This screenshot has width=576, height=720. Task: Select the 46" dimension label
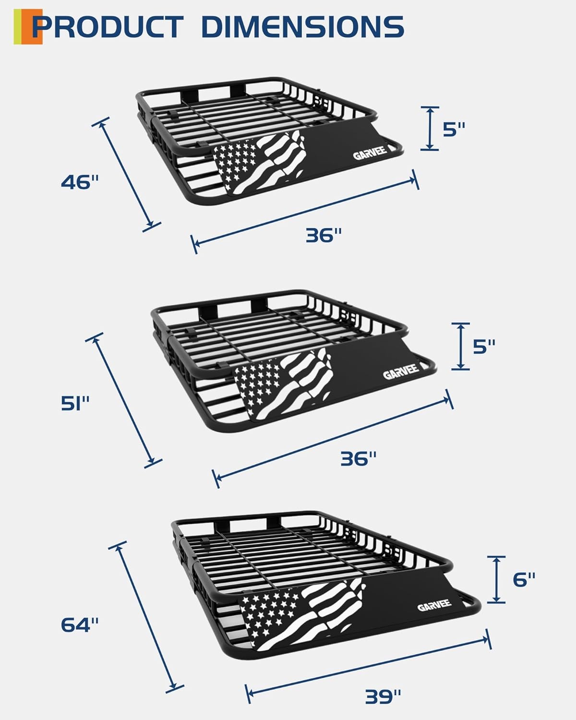click(80, 182)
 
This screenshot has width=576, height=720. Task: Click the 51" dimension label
click(76, 403)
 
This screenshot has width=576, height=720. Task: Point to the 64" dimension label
click(80, 624)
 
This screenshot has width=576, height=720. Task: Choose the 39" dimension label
click(383, 696)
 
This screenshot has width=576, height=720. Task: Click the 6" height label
click(524, 579)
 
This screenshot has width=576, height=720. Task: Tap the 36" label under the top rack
click(324, 235)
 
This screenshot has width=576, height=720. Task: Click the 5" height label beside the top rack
click(454, 129)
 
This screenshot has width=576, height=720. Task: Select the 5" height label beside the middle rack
click(483, 347)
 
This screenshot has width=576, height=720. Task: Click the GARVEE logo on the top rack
click(370, 155)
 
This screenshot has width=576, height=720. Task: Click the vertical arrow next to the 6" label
click(497, 579)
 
